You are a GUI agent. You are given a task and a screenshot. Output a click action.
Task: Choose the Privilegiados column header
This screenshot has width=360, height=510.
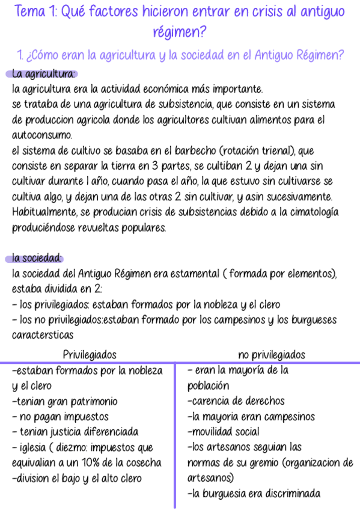90,354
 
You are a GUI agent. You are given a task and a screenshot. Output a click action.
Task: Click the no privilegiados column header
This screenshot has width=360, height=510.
272,354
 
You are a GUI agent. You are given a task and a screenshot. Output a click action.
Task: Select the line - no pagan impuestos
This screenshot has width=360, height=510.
60,416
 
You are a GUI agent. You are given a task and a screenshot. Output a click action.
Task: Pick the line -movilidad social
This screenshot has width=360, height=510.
223,432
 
